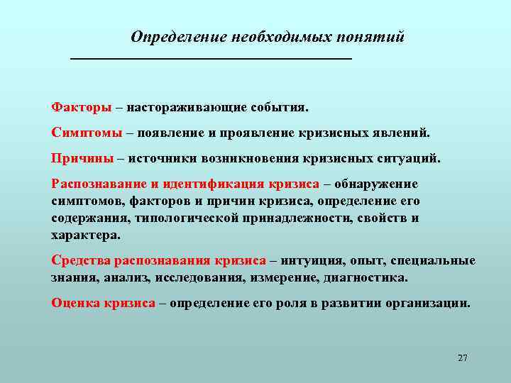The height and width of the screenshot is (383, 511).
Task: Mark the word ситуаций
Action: click(x=410, y=157)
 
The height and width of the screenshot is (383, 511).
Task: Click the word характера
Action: click(x=85, y=235)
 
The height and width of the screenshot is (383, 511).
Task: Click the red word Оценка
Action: click(x=76, y=303)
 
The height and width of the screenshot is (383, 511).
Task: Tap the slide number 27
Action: click(x=463, y=357)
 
